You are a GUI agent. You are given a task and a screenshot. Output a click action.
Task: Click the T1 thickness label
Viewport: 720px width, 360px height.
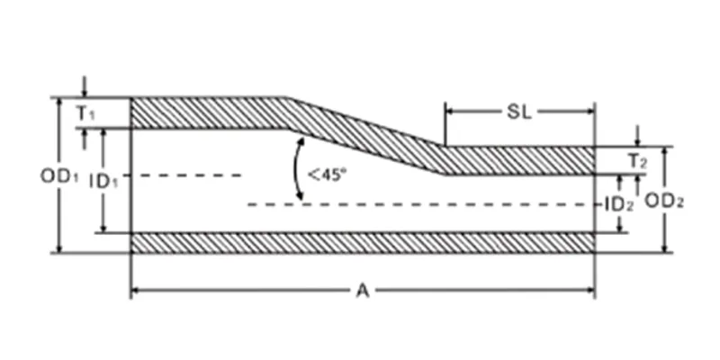tap(85, 113)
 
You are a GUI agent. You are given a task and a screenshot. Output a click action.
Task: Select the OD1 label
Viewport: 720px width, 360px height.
tap(59, 175)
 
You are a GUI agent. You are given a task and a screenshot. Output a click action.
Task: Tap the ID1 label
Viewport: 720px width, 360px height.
tap(103, 182)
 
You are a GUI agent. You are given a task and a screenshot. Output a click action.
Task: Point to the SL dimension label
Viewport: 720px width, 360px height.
tap(519, 112)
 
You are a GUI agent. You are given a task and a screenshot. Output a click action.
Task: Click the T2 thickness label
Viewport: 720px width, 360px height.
tap(638, 161)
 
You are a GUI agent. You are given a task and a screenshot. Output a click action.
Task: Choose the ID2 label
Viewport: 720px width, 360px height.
tap(619, 205)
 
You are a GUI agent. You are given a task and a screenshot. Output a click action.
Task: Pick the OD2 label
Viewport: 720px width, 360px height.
tap(664, 201)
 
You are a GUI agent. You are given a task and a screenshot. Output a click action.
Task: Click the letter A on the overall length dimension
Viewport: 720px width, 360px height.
tap(363, 291)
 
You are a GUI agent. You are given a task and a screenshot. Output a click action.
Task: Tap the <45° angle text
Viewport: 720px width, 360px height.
tap(327, 175)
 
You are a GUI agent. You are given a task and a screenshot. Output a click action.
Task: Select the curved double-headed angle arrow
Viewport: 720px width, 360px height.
tap(296, 169)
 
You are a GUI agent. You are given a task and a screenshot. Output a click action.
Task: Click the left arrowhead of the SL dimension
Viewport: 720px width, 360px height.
tap(450, 111)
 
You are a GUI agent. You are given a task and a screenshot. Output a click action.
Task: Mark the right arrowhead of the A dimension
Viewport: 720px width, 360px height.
tap(589, 290)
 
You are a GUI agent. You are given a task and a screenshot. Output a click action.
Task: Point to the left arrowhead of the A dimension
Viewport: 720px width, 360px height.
tap(137, 290)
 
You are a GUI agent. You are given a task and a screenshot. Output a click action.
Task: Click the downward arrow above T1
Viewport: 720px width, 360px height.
tap(84, 87)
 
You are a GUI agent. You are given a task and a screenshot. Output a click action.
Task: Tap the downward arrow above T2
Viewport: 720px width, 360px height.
tap(637, 136)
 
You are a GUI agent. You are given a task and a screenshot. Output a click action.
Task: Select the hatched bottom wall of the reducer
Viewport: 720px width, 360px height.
tap(363, 243)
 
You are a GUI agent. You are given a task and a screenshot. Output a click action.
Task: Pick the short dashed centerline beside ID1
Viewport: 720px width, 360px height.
tap(183, 175)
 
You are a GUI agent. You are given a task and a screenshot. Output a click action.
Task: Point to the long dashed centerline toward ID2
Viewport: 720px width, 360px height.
tap(421, 204)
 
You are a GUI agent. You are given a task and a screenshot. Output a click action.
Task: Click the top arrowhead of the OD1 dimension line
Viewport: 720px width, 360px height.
tap(58, 102)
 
